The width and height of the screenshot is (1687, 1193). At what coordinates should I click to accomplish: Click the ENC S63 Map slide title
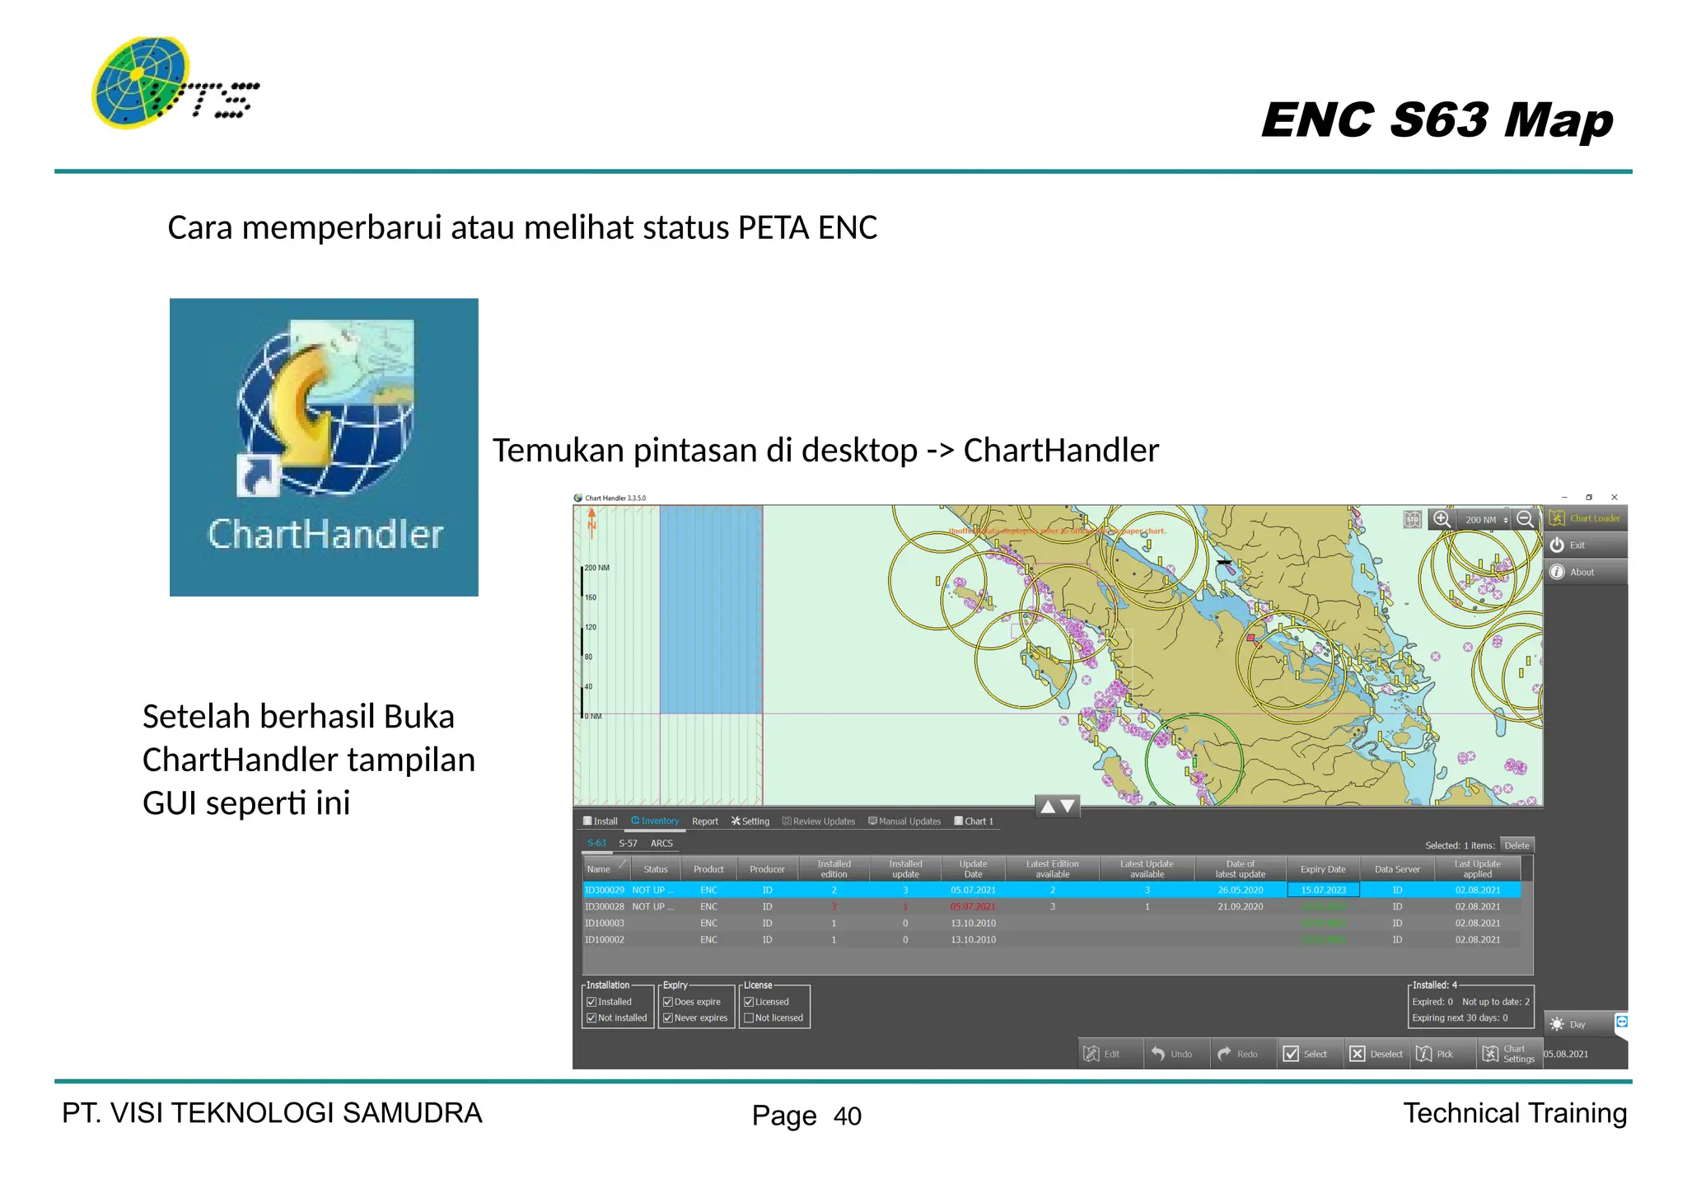1437,120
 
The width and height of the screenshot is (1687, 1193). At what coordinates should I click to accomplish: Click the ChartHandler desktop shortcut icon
324,446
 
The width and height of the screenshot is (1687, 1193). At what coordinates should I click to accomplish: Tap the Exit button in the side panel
1576,545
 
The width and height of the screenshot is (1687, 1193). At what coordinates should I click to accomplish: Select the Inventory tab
656,821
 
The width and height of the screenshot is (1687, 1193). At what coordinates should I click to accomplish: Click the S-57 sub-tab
628,844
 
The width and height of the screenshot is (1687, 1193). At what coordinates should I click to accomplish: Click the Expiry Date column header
1323,869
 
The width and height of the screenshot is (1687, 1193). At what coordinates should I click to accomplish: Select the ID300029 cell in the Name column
605,891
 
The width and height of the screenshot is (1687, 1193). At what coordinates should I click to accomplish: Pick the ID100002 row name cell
605,940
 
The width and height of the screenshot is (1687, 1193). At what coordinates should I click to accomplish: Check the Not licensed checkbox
750,1018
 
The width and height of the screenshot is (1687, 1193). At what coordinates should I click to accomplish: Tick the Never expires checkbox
669,1018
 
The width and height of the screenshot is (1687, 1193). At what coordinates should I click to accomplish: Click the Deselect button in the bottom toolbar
1377,1054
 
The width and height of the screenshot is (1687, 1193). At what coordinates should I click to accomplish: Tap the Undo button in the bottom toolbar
1173,1054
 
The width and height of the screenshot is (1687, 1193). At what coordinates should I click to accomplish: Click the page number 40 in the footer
847,1116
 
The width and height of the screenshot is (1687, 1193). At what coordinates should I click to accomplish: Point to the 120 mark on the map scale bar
590,628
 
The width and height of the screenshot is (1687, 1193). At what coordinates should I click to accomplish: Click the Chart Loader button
1586,518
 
